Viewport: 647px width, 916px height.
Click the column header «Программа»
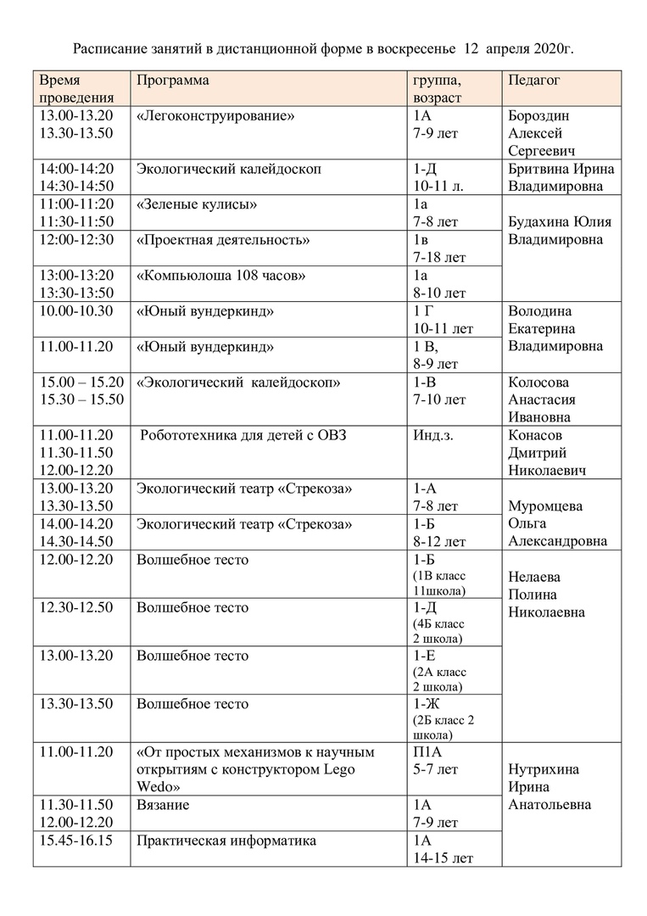[x=172, y=81]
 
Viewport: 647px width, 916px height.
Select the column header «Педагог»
[x=534, y=81]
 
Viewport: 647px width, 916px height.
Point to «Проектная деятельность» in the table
[x=223, y=240]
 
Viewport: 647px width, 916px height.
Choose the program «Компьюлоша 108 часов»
[x=220, y=276]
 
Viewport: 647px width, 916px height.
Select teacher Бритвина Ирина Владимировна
[x=561, y=177]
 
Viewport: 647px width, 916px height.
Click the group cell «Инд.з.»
[x=432, y=436]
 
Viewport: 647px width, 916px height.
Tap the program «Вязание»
[x=163, y=804]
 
